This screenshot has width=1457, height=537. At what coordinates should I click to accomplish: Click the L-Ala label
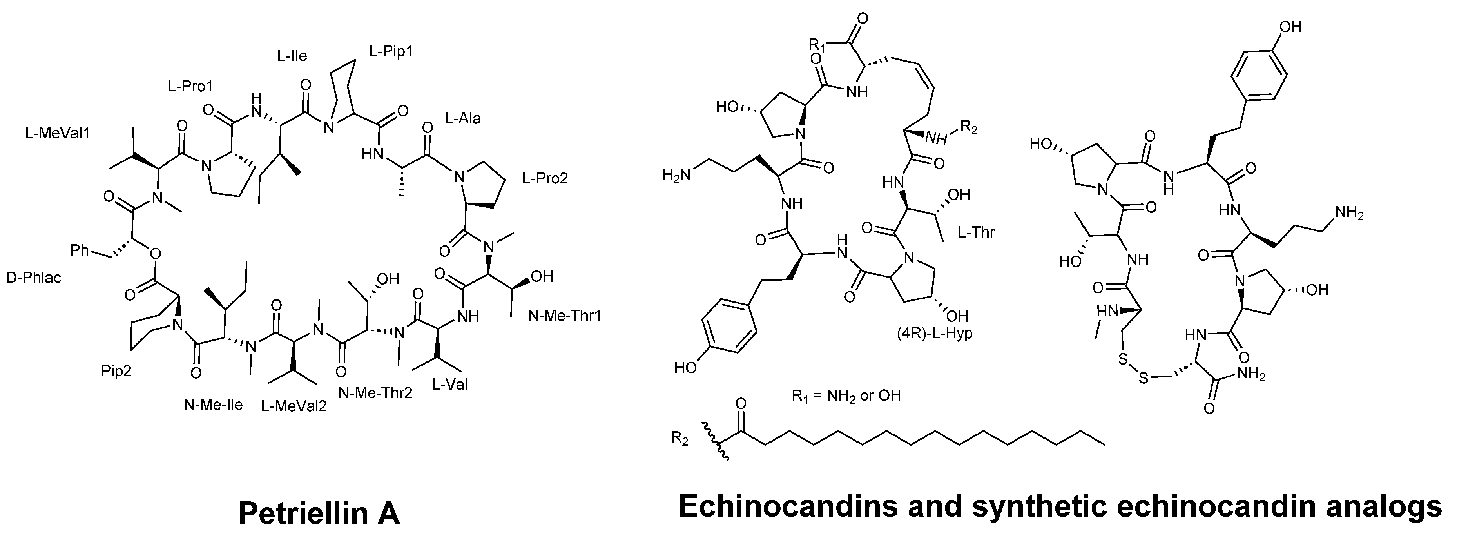463,118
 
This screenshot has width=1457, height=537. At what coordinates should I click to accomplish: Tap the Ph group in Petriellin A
80,250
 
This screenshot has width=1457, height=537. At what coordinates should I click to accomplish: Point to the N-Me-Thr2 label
375,393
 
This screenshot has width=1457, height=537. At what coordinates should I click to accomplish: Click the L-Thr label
976,232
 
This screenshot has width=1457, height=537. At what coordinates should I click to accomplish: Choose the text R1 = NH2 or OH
846,395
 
